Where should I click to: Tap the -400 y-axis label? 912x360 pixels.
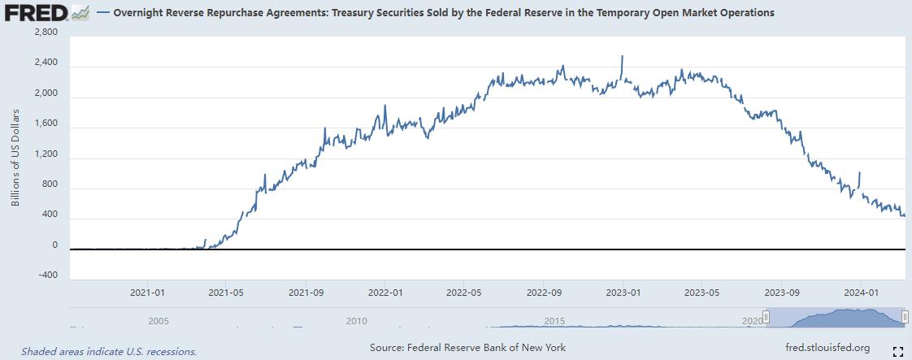(x=47, y=275)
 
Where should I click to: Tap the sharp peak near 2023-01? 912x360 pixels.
(x=622, y=57)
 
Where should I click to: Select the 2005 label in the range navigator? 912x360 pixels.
(x=159, y=321)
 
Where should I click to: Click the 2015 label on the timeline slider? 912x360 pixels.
(x=554, y=321)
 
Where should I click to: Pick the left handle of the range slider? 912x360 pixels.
(x=765, y=317)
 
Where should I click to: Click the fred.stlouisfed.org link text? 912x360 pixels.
(x=827, y=348)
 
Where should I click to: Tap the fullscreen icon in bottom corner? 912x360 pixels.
(x=898, y=351)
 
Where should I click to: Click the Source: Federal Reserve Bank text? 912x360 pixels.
(x=467, y=348)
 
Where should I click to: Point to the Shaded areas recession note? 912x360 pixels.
(x=109, y=352)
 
